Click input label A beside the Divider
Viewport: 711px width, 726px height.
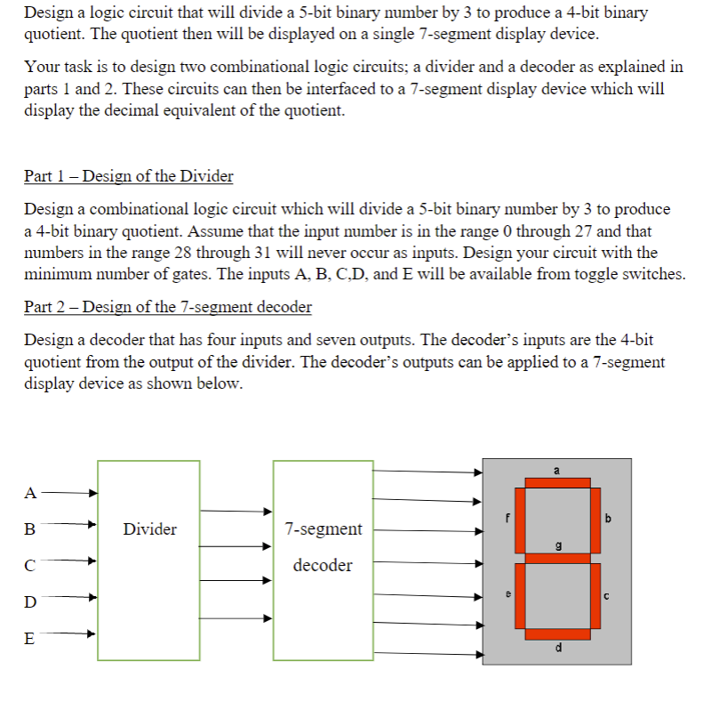32,491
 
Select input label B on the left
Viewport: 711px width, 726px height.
30,529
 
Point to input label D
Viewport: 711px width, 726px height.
31,602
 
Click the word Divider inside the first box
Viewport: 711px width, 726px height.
149,529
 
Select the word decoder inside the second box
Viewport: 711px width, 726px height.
323,565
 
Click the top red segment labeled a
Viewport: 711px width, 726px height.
557,483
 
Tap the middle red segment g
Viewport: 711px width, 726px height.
557,559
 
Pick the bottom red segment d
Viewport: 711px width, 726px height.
557,634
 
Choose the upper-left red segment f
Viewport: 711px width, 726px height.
520,520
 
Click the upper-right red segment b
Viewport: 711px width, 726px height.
595,520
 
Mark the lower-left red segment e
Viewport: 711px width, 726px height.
520,597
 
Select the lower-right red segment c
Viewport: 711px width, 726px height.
595,597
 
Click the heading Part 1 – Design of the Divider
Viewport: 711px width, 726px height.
129,175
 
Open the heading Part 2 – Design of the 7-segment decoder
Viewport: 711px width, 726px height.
168,307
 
